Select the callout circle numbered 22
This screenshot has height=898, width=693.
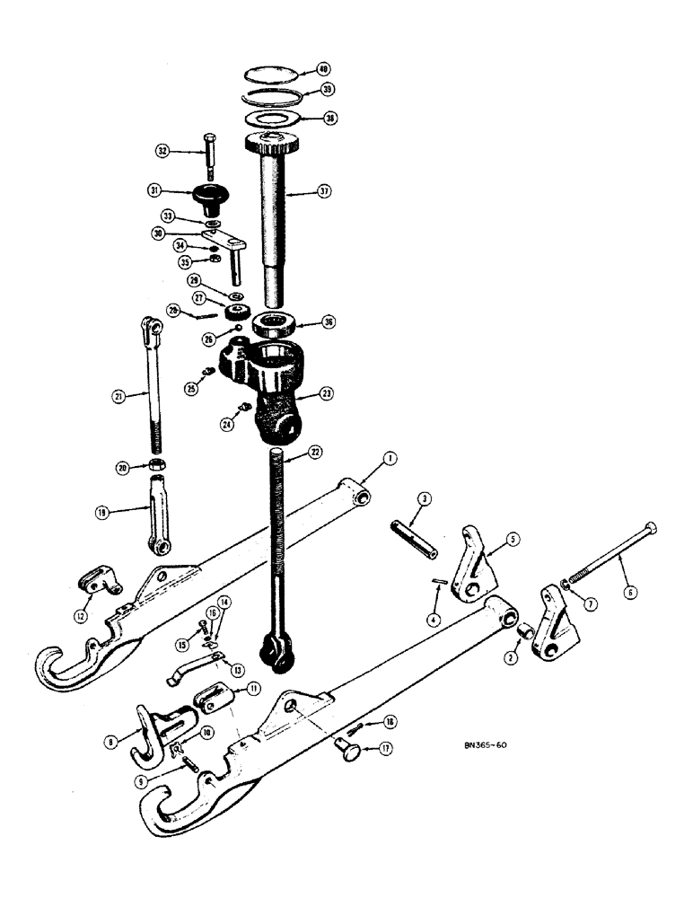point(315,452)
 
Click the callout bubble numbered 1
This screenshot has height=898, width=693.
point(388,458)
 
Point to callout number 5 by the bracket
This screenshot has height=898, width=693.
point(512,540)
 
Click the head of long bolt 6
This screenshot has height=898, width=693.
point(651,528)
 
